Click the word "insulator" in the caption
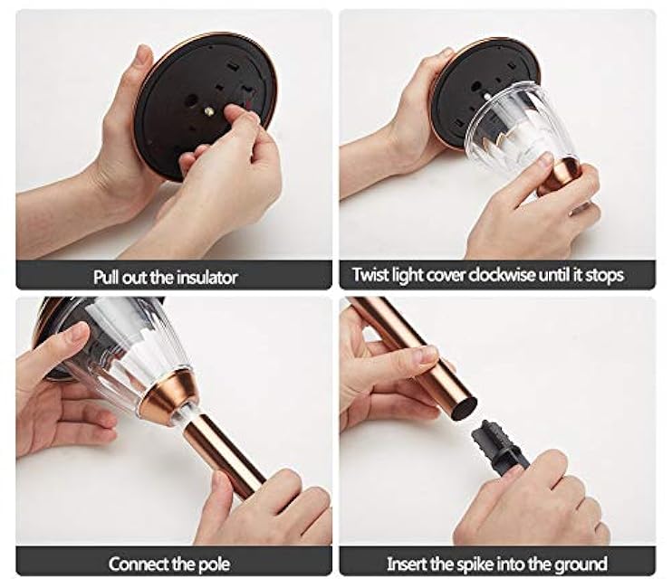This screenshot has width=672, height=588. coord(205,275)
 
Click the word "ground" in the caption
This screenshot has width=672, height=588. coord(580,564)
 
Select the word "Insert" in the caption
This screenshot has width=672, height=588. coord(410,564)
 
